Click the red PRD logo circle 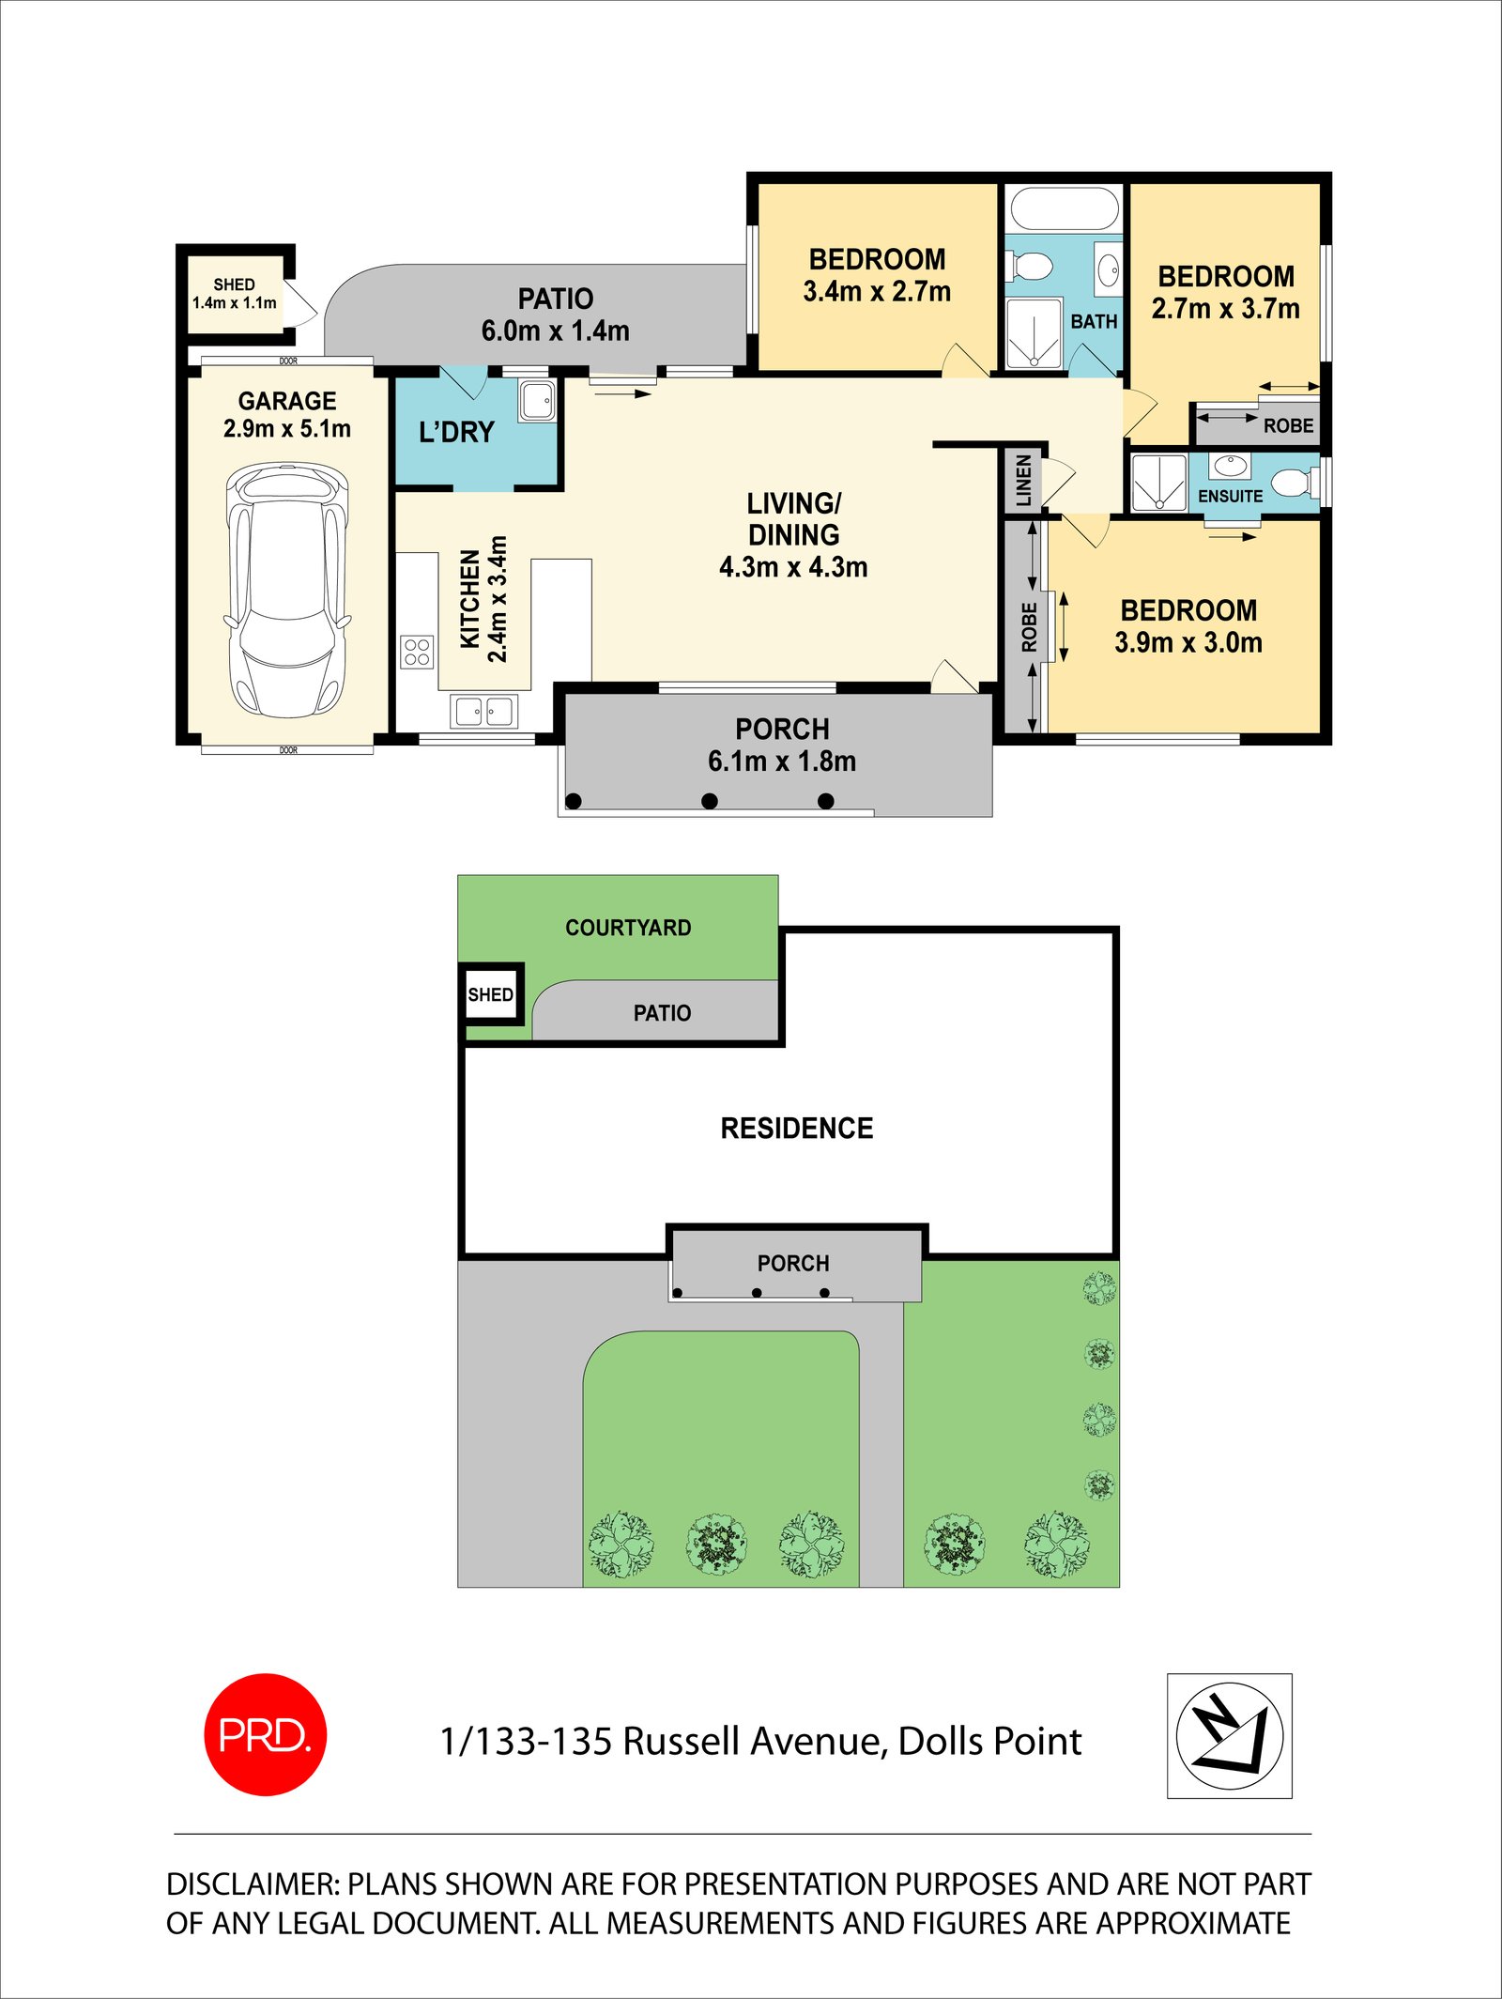click(266, 1734)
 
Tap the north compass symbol click(1229, 1735)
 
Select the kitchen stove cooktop click(417, 652)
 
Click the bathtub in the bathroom click(1065, 208)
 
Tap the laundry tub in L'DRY click(537, 401)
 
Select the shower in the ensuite click(1158, 483)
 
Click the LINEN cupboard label click(1024, 480)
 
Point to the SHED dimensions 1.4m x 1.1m click(235, 303)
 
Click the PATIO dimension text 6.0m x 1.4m click(555, 331)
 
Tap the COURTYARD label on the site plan click(628, 928)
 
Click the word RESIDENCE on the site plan click(796, 1128)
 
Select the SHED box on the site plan click(491, 994)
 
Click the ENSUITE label click(1230, 496)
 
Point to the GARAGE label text click(287, 401)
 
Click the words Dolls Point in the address click(989, 1742)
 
